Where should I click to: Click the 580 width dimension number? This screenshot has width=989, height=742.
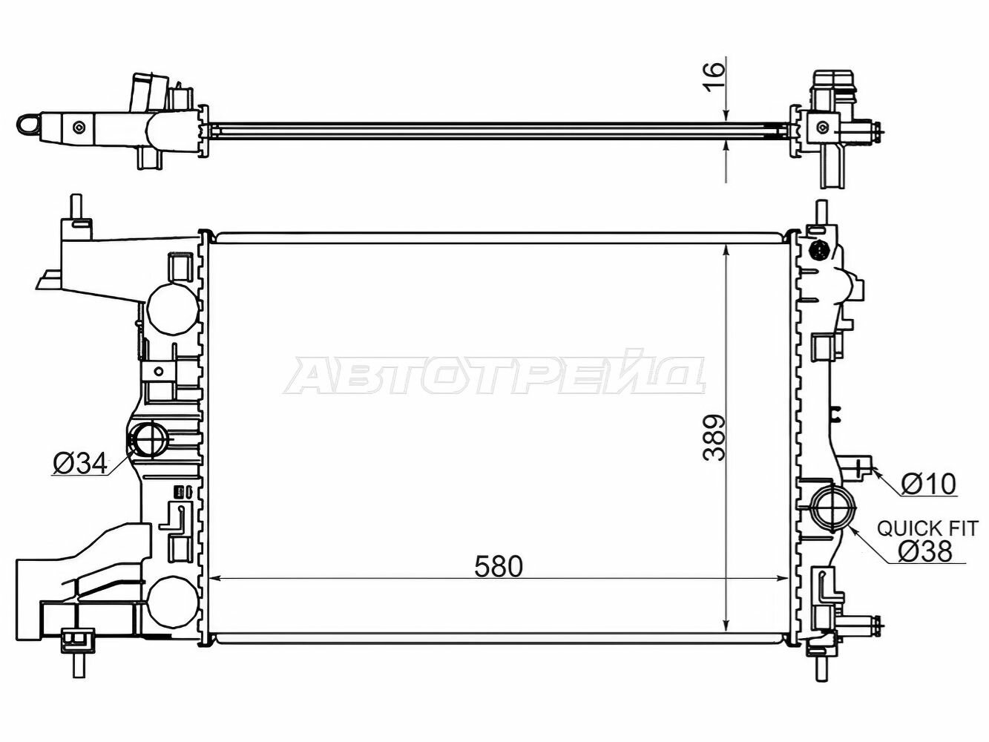pos(499,566)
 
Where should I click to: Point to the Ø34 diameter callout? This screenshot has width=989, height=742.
pos(80,462)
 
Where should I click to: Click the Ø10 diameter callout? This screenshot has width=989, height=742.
pos(928,484)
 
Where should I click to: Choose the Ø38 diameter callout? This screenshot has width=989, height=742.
pos(925,551)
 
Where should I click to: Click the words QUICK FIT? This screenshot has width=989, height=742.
pos(927,528)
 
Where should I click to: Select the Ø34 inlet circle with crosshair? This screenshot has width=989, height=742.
pos(147,439)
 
